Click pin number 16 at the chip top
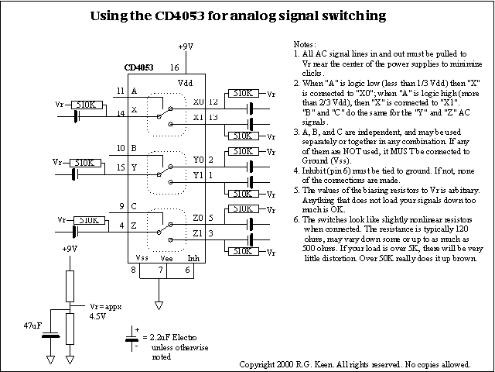[175, 67]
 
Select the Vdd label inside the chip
[185, 81]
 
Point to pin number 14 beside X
[120, 114]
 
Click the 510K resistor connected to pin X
[80, 104]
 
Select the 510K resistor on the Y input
[80, 163]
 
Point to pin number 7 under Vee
[159, 270]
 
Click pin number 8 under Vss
[133, 270]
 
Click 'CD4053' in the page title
[185, 15]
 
